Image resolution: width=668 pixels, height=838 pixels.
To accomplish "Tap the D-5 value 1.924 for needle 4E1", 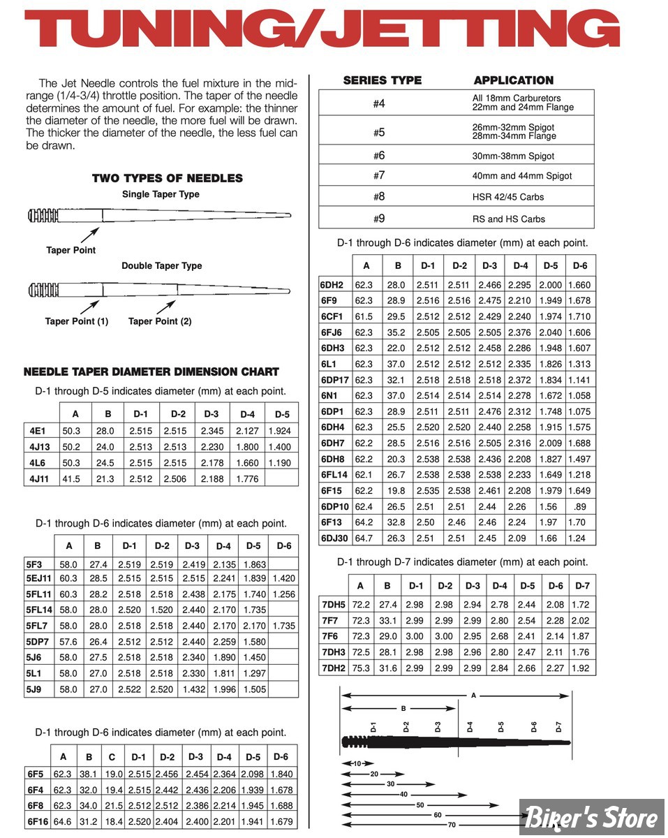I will [281, 431].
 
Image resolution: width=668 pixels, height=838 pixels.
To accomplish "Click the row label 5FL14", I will [39, 610].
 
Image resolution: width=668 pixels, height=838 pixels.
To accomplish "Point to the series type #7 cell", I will [379, 176].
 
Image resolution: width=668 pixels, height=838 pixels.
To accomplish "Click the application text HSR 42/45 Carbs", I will [507, 197].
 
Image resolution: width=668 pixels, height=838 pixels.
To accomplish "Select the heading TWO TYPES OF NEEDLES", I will [168, 178].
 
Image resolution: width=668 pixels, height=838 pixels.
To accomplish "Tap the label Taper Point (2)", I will [160, 321].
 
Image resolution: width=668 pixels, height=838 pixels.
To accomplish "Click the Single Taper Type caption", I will [161, 195].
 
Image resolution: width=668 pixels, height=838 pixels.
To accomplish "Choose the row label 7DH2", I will [333, 668].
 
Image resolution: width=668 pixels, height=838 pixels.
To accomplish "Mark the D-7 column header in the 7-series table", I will [582, 586].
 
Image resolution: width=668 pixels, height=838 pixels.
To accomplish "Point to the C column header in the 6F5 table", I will [112, 757].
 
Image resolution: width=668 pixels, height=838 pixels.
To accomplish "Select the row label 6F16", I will [38, 821].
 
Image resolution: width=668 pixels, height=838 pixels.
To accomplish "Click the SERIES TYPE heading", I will [383, 80].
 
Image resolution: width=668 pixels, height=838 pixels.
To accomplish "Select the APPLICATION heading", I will [513, 80].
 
